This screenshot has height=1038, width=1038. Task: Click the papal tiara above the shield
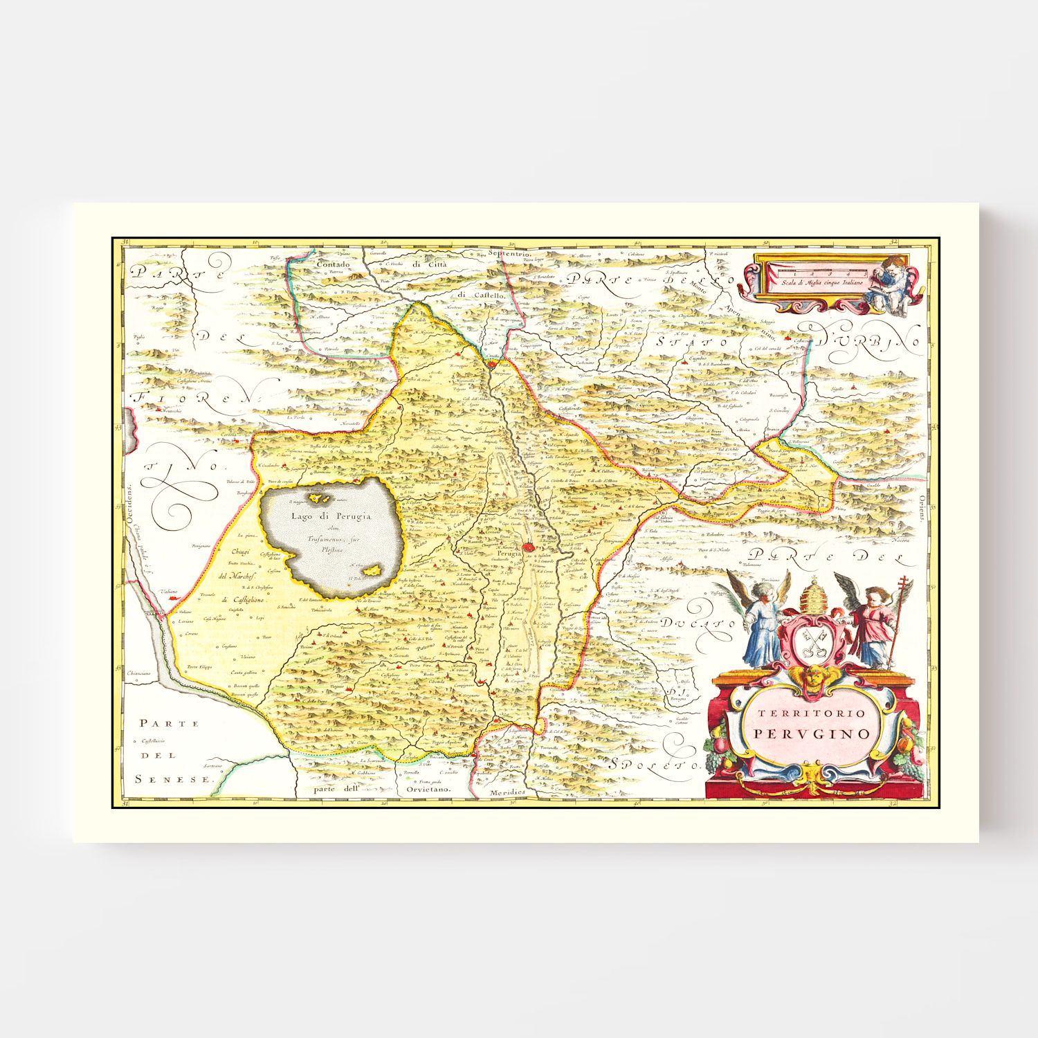click(x=813, y=592)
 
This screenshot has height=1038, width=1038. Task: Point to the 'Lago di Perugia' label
click(x=331, y=516)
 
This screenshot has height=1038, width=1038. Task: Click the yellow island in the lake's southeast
click(x=374, y=571)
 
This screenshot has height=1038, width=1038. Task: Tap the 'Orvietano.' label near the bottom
click(x=428, y=789)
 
